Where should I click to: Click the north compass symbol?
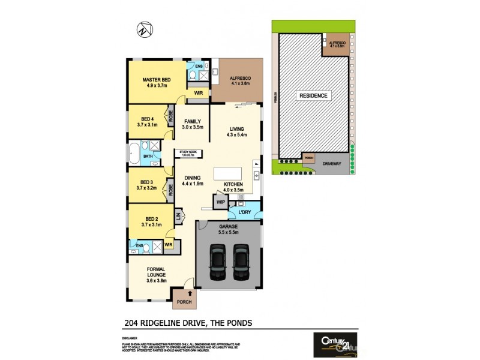click(142, 28)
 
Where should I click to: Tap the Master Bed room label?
click(156, 79)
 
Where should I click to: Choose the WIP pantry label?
click(220, 203)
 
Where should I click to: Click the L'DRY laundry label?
click(244, 212)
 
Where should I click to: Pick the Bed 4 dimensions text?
click(147, 125)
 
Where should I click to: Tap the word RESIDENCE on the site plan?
click(313, 96)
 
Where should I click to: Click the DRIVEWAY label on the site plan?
click(332, 162)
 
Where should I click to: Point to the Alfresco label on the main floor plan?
click(240, 79)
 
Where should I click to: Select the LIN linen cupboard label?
click(178, 215)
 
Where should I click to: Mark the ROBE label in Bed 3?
click(171, 190)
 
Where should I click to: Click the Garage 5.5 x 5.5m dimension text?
click(229, 232)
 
